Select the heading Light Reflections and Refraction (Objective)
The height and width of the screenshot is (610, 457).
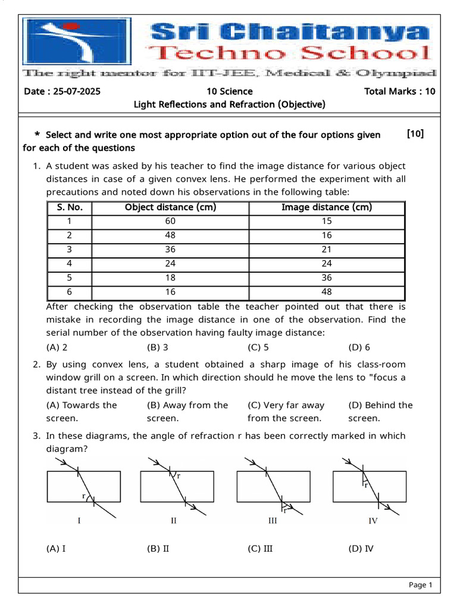(229, 104)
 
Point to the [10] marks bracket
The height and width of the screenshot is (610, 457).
(415, 134)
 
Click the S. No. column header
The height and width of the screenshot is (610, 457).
(70, 207)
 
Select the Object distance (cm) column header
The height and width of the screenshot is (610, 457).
(170, 207)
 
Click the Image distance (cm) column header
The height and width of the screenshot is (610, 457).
(327, 207)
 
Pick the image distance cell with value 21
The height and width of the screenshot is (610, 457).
(327, 250)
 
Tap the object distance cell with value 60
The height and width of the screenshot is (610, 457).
(170, 221)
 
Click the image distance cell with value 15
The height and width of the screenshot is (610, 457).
(327, 221)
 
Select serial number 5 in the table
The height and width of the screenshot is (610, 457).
(70, 278)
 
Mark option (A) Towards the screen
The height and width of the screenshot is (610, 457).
(82, 412)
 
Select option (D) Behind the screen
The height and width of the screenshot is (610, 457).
(380, 412)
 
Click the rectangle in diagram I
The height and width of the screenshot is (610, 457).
(83, 486)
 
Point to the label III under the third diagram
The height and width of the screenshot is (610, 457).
(273, 521)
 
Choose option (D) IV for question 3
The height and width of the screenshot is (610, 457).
(361, 549)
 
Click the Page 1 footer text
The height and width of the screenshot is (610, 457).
(420, 585)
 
